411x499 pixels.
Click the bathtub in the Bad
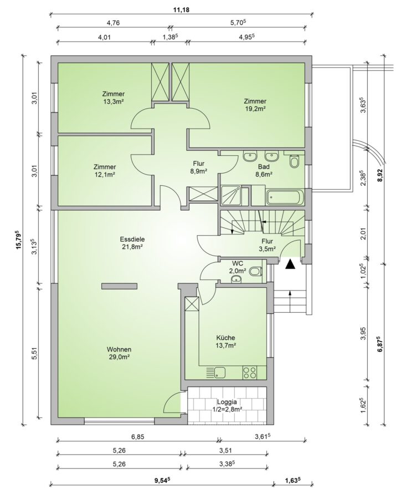click(285, 197)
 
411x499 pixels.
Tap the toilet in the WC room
click(255, 272)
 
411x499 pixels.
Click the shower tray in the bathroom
click(232, 195)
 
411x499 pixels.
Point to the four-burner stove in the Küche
click(249, 372)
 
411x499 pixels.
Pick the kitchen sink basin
click(220, 372)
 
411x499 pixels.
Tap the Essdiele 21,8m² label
click(131, 243)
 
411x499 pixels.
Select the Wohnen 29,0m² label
click(119, 353)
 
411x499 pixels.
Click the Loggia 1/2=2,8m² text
click(227, 405)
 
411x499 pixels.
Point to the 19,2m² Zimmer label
click(255, 105)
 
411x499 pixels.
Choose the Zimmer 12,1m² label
click(105, 170)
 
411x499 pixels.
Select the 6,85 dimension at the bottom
click(137, 437)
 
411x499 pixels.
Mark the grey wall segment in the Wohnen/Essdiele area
click(120, 286)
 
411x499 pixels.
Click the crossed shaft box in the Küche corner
click(192, 304)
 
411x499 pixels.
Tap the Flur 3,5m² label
click(268, 245)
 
